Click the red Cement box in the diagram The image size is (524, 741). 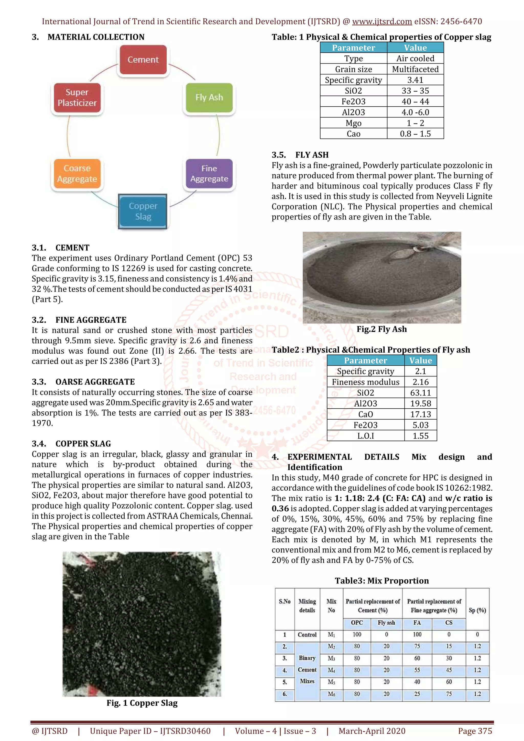point(143,60)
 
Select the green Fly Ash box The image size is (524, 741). point(209,97)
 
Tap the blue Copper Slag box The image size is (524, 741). point(143,211)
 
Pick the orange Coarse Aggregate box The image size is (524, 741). point(77,174)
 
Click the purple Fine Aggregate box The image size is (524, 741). point(209,174)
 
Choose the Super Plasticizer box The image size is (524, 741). point(77,97)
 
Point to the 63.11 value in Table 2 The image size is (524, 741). point(420,393)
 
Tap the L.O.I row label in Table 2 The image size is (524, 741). point(365,436)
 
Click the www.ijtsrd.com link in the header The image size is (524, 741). point(382,22)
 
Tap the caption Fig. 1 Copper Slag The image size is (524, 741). point(142,703)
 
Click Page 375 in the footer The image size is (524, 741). point(475,731)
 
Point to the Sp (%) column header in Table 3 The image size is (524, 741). point(477,610)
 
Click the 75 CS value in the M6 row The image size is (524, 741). point(449,694)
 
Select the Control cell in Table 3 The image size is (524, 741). point(307,634)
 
